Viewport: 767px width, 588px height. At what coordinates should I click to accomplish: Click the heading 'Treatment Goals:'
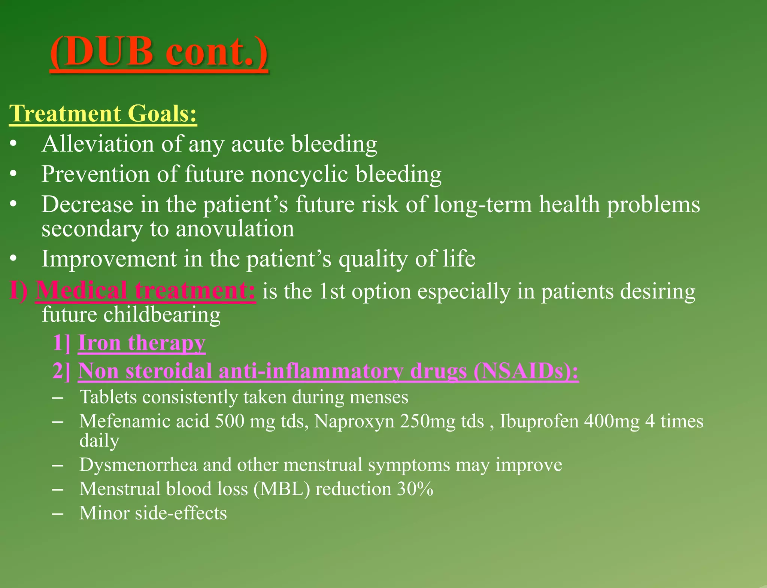tap(103, 113)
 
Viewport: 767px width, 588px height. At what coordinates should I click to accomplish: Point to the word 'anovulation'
tap(235, 229)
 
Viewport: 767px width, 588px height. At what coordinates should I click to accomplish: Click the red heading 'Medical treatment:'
tap(146, 291)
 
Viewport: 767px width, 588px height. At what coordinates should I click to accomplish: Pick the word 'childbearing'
tap(162, 314)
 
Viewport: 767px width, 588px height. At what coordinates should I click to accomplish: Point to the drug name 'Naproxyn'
tap(354, 421)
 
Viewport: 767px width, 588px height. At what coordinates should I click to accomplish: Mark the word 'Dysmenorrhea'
tap(138, 464)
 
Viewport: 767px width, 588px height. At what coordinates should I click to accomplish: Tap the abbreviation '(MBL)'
tap(282, 489)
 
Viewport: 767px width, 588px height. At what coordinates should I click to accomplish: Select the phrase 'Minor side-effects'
tap(153, 513)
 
